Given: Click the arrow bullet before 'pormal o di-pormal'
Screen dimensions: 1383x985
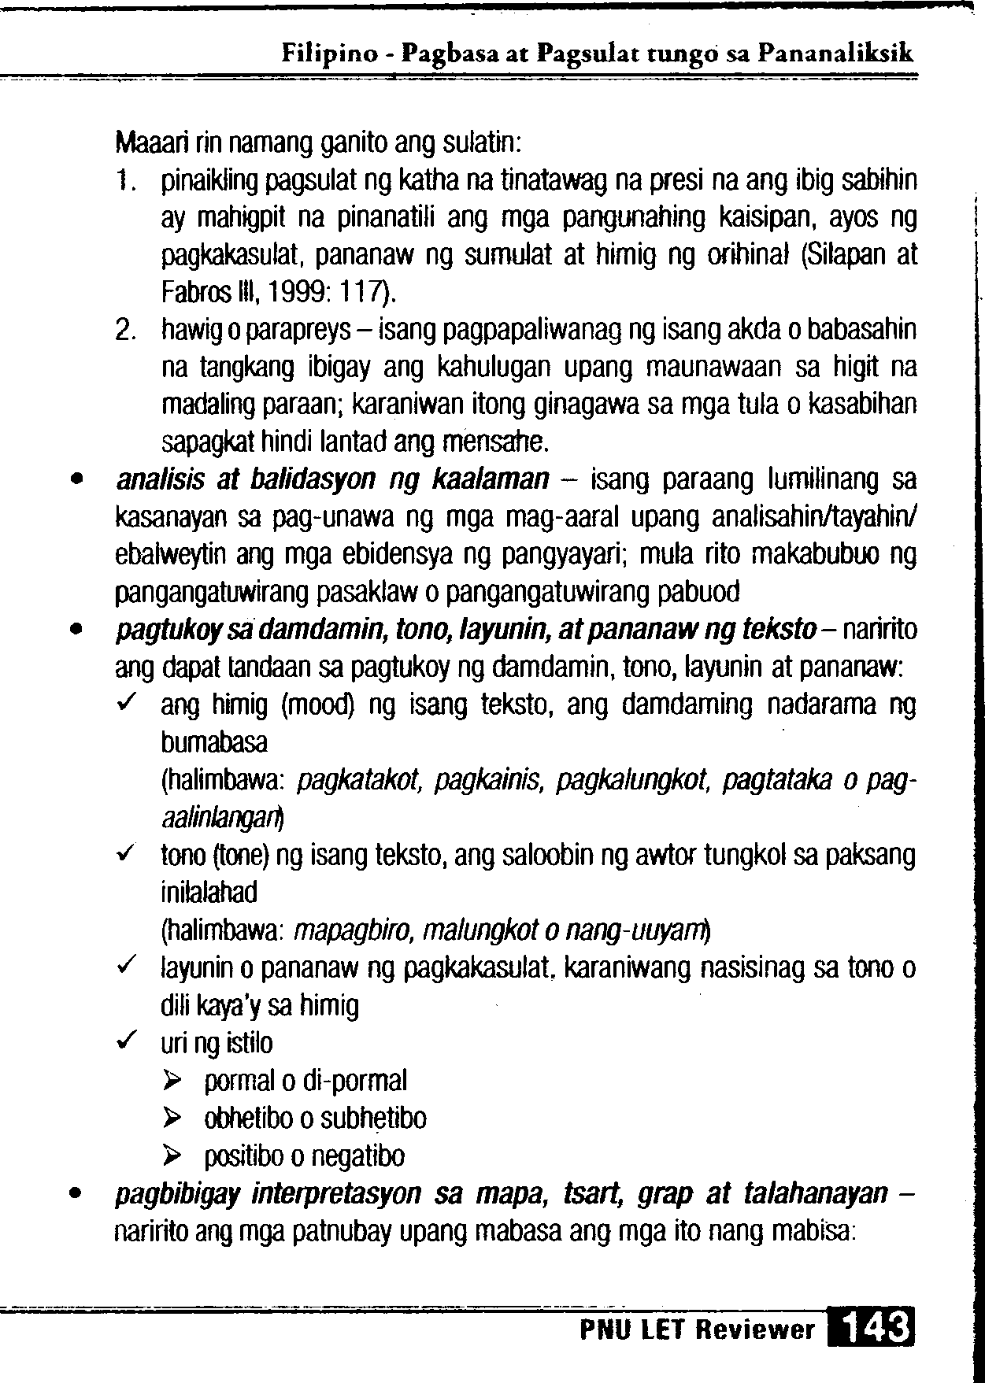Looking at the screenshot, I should coord(172,1082).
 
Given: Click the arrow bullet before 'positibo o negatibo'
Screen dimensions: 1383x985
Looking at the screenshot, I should coord(172,1157).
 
